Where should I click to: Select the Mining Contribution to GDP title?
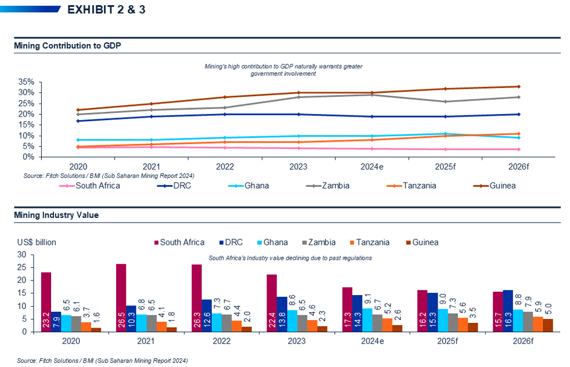tap(67, 46)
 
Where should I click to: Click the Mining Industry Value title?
tap(56, 215)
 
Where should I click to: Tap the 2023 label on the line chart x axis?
tap(299, 166)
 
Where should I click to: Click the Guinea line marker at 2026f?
tap(518, 86)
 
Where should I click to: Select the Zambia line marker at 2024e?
tap(372, 95)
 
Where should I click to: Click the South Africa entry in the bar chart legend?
tap(178, 242)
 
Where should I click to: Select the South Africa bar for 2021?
tap(121, 297)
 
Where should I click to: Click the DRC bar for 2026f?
tap(508, 311)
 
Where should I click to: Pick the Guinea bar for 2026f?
tap(548, 325)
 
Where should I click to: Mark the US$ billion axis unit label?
tap(37, 242)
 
